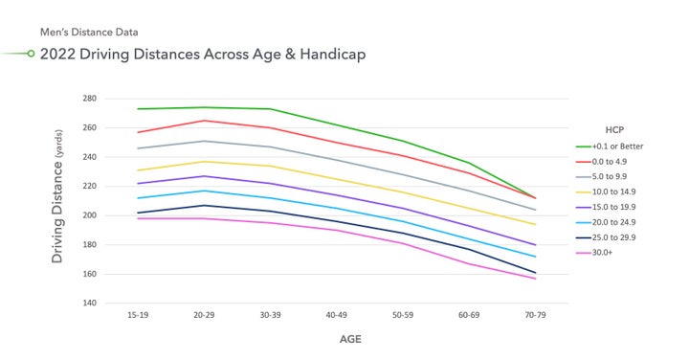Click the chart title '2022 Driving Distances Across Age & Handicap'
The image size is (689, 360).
(x=202, y=54)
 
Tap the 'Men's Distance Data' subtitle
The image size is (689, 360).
(x=88, y=32)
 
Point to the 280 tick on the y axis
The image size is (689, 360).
(x=89, y=99)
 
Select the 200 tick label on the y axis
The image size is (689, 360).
(x=89, y=215)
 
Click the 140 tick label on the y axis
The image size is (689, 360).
(x=89, y=304)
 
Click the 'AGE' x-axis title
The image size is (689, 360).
(x=350, y=339)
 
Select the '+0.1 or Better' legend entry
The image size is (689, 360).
(x=619, y=146)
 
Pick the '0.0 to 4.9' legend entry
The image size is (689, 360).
(x=613, y=162)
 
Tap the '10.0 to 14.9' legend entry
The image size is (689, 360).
(x=616, y=191)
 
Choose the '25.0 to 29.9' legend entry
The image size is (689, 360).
(x=616, y=236)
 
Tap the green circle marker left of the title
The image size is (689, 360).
(x=31, y=54)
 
